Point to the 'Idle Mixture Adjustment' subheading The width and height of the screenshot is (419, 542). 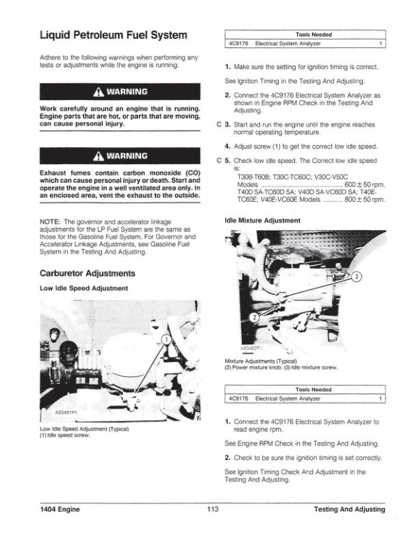[x=262, y=220]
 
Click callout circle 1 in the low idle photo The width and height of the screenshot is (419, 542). [x=166, y=340]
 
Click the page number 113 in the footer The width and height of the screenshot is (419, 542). [x=212, y=510]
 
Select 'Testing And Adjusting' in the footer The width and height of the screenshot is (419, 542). [x=348, y=510]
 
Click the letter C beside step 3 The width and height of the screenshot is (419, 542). [x=218, y=125]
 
